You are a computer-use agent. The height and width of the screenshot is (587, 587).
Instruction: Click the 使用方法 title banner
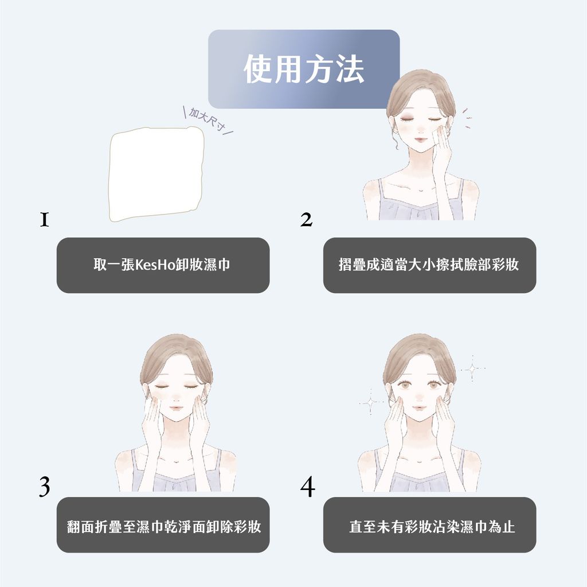(303, 69)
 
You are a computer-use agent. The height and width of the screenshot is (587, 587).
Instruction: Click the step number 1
(44, 219)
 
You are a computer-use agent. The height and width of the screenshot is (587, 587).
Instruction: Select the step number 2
(307, 219)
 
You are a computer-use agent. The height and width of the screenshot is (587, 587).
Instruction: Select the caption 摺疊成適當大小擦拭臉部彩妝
(429, 265)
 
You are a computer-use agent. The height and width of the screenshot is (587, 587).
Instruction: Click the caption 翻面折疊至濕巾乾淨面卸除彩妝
(163, 526)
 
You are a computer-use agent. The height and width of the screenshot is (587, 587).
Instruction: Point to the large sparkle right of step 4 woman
(472, 368)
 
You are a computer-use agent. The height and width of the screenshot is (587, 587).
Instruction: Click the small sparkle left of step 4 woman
(370, 402)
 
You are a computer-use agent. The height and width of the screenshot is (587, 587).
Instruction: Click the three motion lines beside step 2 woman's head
(468, 118)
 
